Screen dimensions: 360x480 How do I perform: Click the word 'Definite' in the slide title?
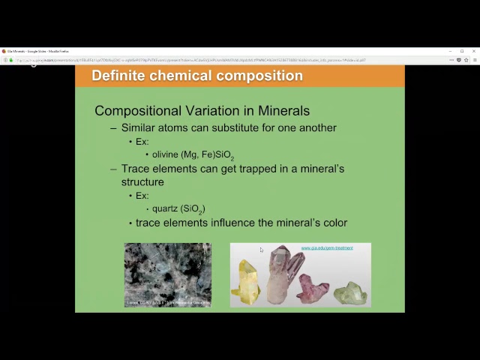coord(118,76)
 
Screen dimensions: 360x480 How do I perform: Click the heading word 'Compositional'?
coord(141,111)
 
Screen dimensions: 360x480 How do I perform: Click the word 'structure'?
coord(142,182)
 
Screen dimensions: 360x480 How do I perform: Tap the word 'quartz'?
coord(164,208)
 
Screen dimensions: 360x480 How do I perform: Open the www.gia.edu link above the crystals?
coord(326,247)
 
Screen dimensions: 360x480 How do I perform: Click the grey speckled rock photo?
coord(167,274)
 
